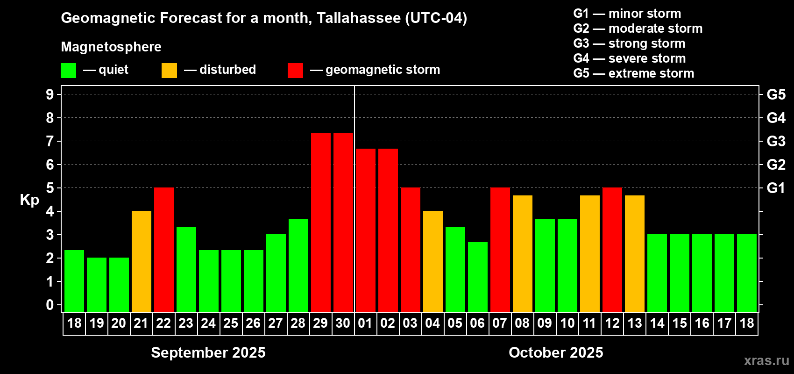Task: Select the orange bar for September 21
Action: pos(142,261)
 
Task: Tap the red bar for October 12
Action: pos(612,250)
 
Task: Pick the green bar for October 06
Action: pos(478,277)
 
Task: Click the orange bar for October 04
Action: pos(433,261)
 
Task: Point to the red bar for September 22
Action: pos(164,250)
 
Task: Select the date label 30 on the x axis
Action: pos(343,324)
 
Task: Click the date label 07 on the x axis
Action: pos(500,324)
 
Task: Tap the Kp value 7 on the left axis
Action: pos(50,141)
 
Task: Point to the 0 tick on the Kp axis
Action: pos(50,305)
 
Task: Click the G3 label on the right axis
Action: pos(776,141)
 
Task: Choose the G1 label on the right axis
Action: pos(776,188)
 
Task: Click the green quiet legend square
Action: pos(69,71)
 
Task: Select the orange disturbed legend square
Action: pos(170,71)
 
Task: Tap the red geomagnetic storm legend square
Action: pos(295,71)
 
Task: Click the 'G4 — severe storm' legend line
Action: pos(630,58)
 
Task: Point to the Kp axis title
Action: pos(29,200)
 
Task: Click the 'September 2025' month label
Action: pos(208,352)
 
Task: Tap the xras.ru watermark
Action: pos(766,360)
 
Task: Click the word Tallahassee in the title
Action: pos(358,18)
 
